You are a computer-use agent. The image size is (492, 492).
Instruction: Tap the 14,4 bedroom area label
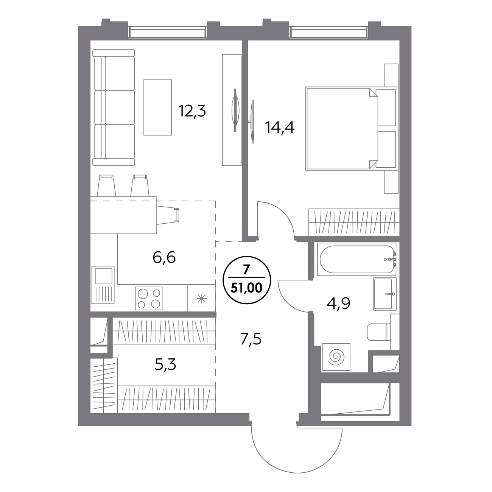pyautogui.click(x=280, y=127)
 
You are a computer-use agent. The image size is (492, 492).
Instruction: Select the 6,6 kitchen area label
pyautogui.click(x=164, y=258)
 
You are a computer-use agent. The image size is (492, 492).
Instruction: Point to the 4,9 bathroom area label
pyautogui.click(x=338, y=304)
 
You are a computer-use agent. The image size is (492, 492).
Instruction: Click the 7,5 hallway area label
pyautogui.click(x=251, y=339)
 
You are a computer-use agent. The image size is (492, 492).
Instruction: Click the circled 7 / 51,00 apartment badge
pyautogui.click(x=247, y=280)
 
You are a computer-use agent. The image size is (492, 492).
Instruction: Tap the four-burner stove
pyautogui.click(x=149, y=299)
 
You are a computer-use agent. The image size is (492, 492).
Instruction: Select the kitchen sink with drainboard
pyautogui.click(x=103, y=285)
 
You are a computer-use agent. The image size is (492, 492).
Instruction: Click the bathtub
pyautogui.click(x=357, y=259)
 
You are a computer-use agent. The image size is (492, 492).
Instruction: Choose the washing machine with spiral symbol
pyautogui.click(x=336, y=357)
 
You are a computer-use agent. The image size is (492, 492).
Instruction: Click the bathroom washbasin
pyautogui.click(x=385, y=294)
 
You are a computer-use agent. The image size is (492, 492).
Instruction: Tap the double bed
pyautogui.click(x=352, y=128)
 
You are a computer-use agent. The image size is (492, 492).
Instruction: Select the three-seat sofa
pyautogui.click(x=114, y=107)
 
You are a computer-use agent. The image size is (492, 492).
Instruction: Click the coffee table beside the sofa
pyautogui.click(x=157, y=107)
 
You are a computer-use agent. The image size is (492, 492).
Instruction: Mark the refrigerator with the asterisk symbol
pyautogui.click(x=202, y=298)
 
